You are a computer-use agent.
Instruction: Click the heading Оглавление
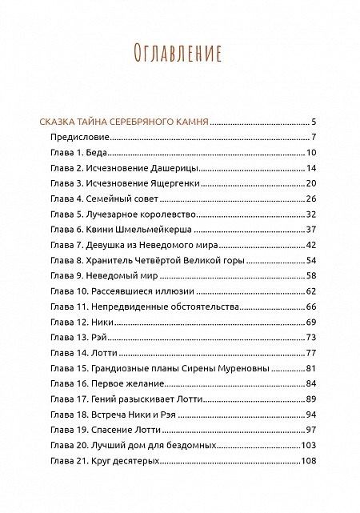click(x=179, y=53)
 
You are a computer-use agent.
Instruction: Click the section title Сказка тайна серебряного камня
click(x=124, y=122)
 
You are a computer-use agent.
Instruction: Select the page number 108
click(x=310, y=461)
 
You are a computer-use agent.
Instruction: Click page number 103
click(x=310, y=445)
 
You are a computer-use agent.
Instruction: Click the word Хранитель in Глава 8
click(x=113, y=261)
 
